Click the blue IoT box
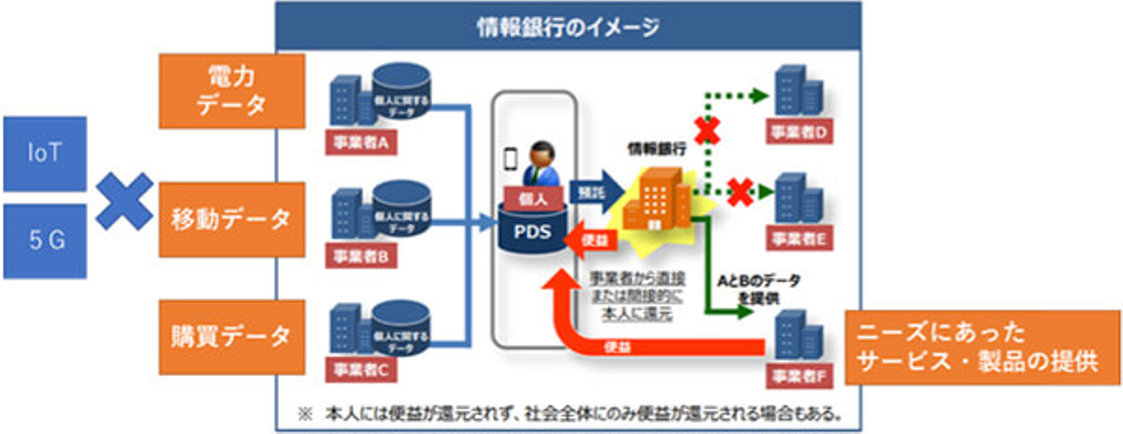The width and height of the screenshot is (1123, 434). point(44,153)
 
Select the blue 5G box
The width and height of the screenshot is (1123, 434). point(44,241)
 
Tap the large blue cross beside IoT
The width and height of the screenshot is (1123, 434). point(124,200)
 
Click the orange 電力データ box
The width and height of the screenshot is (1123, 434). point(232,91)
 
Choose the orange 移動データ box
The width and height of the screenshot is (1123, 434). point(232,220)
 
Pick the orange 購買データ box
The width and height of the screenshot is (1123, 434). point(232,337)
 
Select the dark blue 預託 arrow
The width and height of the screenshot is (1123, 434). point(596,191)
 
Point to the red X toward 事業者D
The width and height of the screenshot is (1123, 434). point(707,131)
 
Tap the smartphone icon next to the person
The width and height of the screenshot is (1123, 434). point(511,159)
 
